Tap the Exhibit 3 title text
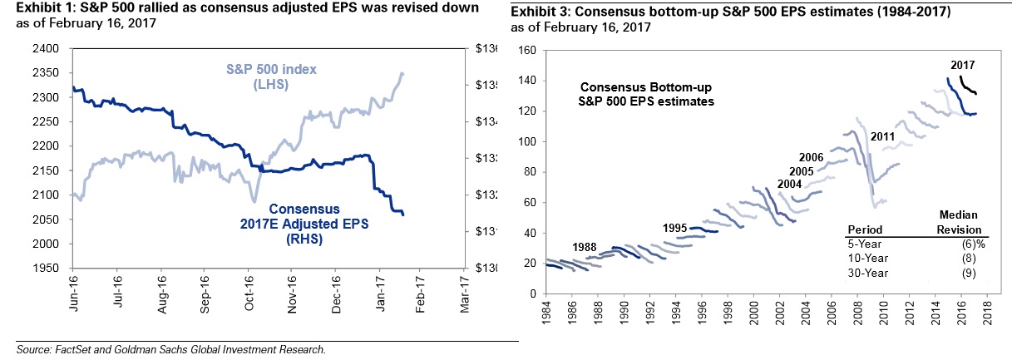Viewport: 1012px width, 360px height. click(672, 14)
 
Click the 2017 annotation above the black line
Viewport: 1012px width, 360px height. click(964, 65)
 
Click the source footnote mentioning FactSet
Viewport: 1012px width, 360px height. click(170, 349)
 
